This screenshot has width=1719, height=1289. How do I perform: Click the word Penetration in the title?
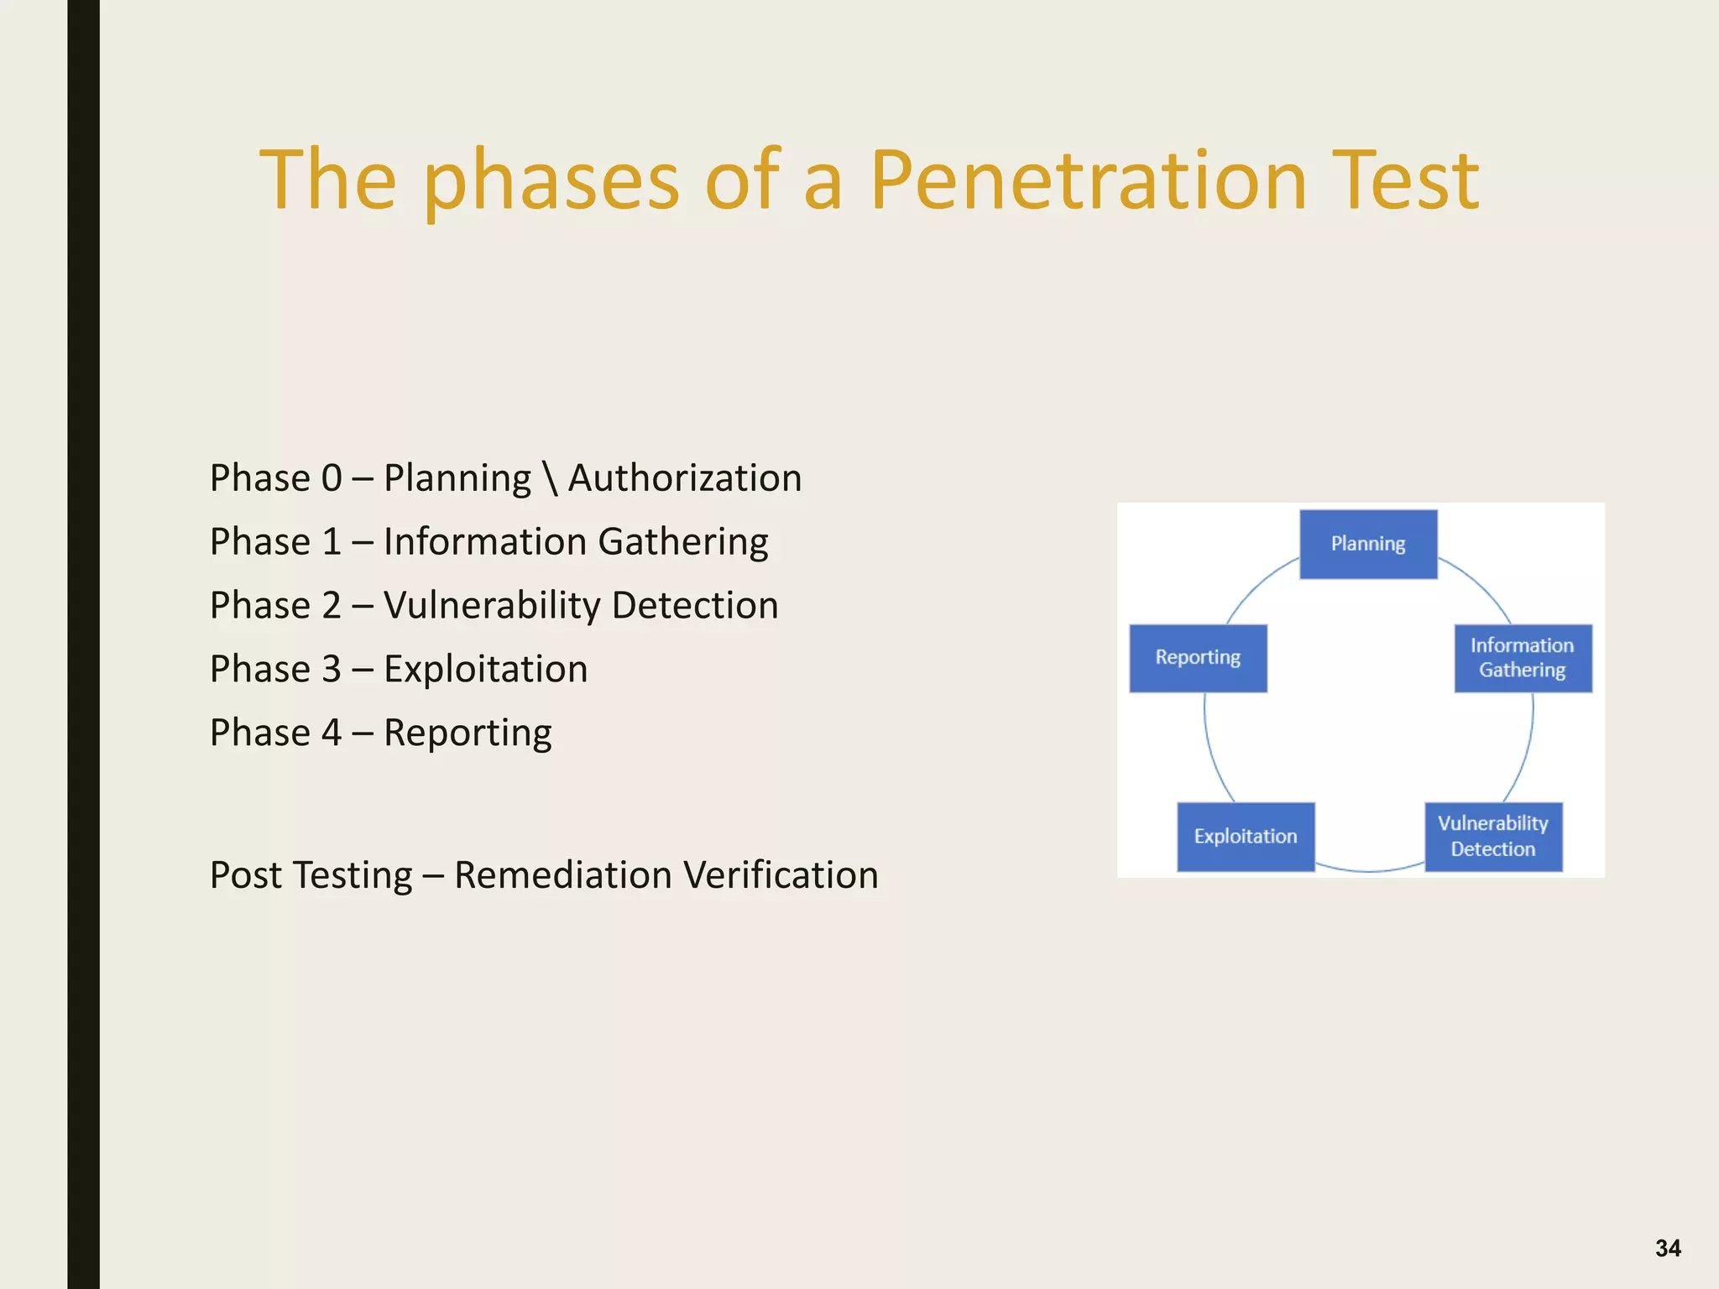click(1088, 180)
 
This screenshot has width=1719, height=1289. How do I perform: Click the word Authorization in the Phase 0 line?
click(685, 478)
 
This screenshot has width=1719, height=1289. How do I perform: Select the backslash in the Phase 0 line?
click(550, 478)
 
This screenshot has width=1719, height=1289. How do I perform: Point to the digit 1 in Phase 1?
click(332, 542)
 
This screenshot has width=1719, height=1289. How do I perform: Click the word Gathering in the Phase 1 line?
click(682, 542)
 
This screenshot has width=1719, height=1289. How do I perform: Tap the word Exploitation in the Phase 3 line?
click(485, 670)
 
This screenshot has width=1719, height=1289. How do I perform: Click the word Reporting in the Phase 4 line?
click(468, 733)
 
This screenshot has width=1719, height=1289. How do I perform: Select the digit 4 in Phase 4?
click(332, 733)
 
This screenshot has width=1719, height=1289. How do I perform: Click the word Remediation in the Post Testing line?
click(562, 875)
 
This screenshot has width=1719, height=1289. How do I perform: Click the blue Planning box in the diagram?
click(1368, 544)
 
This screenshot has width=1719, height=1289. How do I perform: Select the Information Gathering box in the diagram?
click(1523, 658)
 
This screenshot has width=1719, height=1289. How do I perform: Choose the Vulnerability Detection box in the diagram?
click(1493, 836)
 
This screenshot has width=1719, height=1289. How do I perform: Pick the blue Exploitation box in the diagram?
click(1246, 836)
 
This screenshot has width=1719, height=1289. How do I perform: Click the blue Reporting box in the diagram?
click(1198, 658)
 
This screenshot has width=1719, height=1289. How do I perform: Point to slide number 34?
click(1668, 1248)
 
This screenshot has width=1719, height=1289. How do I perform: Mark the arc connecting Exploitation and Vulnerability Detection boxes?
click(1369, 870)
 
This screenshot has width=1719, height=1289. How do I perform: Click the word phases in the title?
click(551, 180)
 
